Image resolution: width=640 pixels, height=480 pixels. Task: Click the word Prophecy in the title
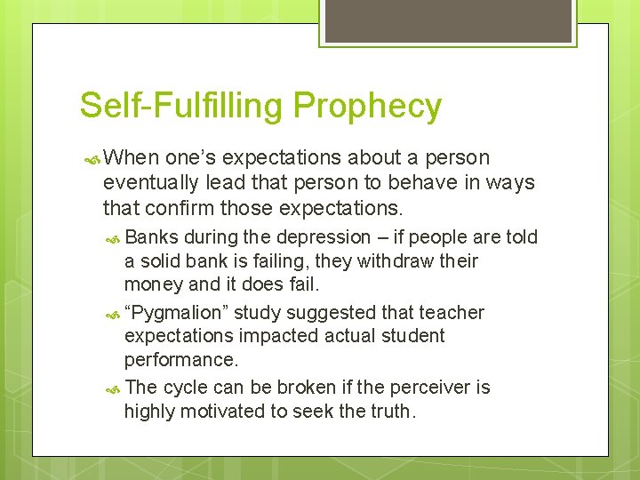click(367, 106)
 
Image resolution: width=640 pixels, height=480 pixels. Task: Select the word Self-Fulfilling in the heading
click(182, 106)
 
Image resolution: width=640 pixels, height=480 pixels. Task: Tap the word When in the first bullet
click(132, 158)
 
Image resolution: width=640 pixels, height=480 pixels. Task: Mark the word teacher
click(453, 313)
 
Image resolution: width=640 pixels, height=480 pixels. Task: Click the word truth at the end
click(393, 411)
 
